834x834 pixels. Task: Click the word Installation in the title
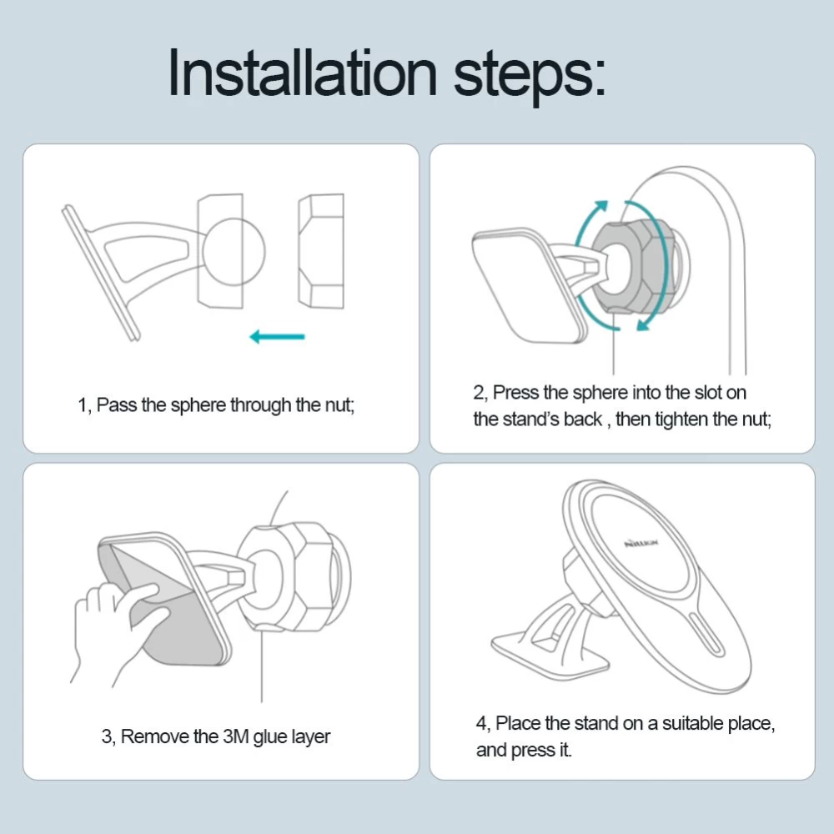tap(302, 73)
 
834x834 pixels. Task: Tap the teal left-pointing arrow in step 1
tap(277, 336)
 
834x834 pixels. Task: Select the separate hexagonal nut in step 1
tap(321, 251)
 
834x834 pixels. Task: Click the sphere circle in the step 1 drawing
tap(234, 251)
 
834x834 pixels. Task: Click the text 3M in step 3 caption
tap(236, 736)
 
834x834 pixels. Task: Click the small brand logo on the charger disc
tap(641, 543)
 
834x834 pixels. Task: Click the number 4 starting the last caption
tap(481, 723)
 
